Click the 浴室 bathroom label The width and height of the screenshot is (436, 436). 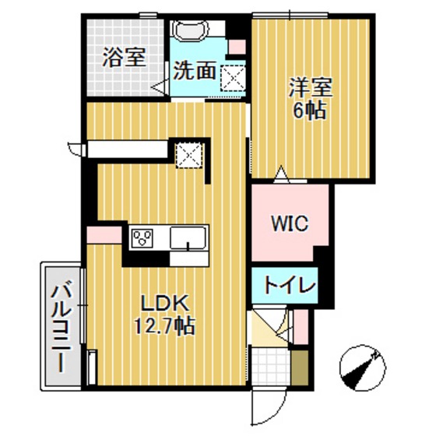click(x=124, y=58)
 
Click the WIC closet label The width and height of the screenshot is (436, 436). click(x=290, y=223)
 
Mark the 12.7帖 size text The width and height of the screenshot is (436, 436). click(x=164, y=325)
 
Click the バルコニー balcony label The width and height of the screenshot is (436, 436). click(x=59, y=326)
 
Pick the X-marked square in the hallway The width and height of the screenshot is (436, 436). click(x=188, y=154)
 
